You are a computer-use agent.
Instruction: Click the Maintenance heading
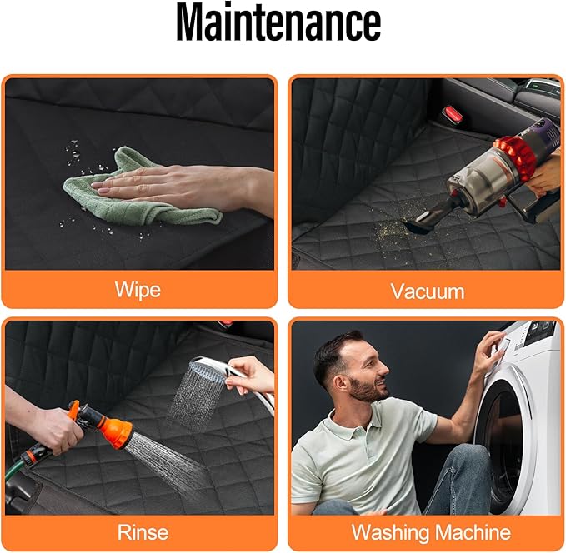point(278,22)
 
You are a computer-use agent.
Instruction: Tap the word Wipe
point(138,290)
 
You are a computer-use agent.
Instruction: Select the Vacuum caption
point(428,291)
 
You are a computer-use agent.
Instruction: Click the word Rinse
point(143,532)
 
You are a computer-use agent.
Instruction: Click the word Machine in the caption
point(473,532)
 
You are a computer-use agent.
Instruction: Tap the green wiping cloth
point(141,192)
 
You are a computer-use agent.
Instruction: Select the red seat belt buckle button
point(453,113)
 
